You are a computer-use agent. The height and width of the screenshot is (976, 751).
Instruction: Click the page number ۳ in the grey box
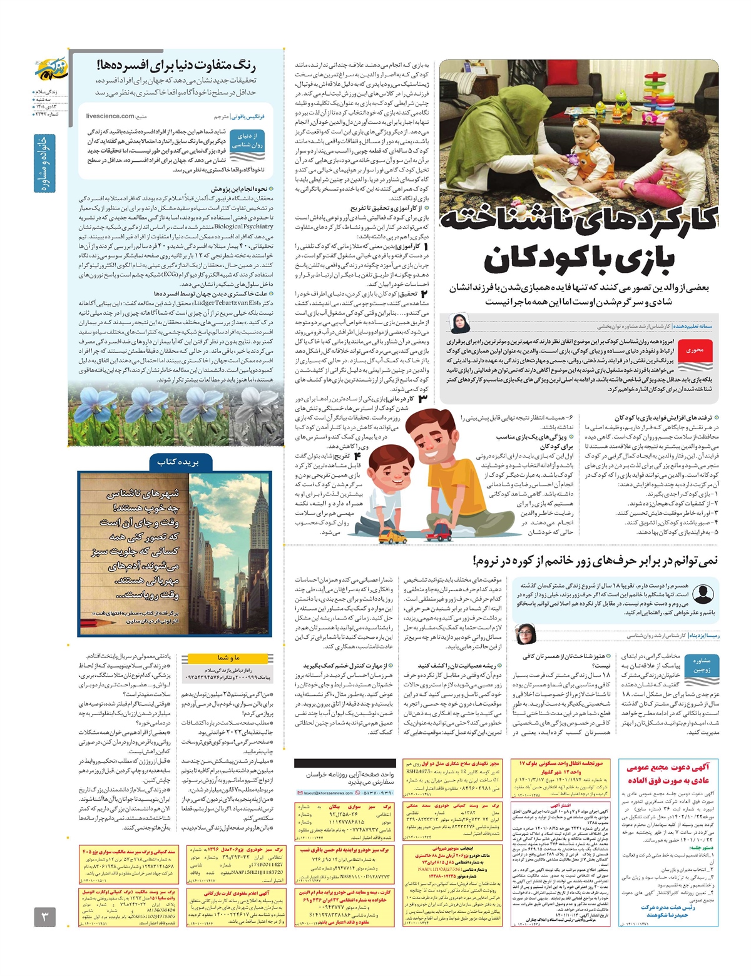tap(44, 917)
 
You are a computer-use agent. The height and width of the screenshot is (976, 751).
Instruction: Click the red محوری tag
tap(695, 350)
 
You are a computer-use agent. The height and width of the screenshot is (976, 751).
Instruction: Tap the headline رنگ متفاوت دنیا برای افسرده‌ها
tap(176, 65)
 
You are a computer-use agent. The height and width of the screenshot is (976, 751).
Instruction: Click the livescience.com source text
tap(110, 116)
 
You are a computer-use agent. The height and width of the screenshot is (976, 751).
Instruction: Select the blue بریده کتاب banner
tap(178, 462)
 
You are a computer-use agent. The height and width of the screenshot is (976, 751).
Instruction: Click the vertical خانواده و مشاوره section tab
tap(44, 162)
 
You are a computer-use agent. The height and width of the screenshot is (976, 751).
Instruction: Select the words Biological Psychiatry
tap(243, 226)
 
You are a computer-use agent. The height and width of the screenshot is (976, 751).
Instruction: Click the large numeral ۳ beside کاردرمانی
tap(423, 399)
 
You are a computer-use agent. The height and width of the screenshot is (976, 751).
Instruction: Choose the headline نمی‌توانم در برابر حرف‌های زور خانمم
tap(595, 561)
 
